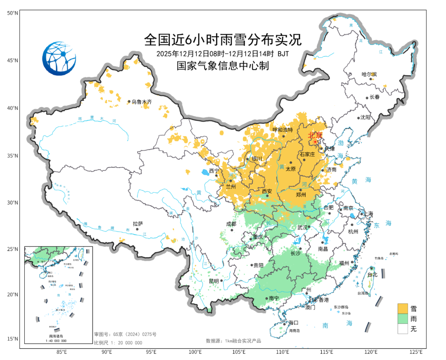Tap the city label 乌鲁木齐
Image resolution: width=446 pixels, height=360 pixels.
tap(142, 102)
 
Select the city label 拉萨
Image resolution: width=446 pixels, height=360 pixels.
tap(138, 224)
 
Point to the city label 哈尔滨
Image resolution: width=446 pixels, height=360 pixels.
tap(369, 74)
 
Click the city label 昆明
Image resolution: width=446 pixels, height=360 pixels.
tap(214, 281)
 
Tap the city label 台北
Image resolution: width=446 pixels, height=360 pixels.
tap(372, 274)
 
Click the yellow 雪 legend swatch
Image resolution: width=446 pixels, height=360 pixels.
tap(403, 308)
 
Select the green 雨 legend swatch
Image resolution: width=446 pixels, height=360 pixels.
tap(403, 319)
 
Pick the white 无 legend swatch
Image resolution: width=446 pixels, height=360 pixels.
tap(403, 329)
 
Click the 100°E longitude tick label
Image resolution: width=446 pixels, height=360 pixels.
tap(195, 352)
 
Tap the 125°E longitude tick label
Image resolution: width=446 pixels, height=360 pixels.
tap(416, 352)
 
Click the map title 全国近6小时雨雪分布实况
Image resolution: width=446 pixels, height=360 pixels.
tap(223, 40)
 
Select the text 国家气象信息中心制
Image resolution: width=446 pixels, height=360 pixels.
tap(223, 66)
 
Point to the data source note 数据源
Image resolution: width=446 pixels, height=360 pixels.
tap(233, 341)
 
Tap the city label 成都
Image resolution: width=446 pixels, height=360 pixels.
tap(231, 224)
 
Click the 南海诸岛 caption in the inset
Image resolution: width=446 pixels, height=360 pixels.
tap(58, 336)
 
